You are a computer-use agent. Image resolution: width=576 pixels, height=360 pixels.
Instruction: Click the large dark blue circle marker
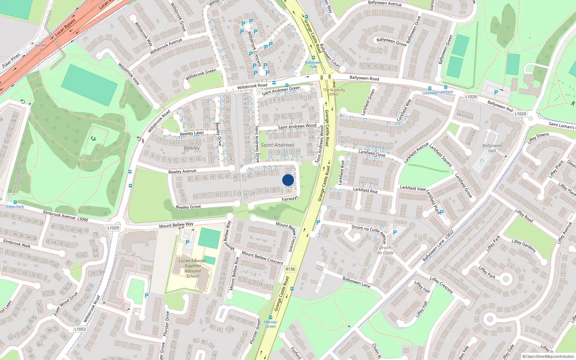tap(288, 180)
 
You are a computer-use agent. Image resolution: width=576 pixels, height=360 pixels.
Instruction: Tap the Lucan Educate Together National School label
tap(193, 268)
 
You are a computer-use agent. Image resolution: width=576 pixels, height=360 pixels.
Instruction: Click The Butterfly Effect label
tap(334, 92)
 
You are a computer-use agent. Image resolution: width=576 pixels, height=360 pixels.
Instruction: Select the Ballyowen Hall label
tap(492, 148)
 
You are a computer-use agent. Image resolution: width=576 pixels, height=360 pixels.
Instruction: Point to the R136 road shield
tap(290, 269)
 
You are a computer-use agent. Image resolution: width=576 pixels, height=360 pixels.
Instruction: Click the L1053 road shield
tap(80, 329)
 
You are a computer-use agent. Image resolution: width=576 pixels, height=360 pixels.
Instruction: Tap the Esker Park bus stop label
tap(15, 207)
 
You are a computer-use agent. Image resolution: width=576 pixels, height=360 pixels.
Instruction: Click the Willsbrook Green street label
tap(201, 75)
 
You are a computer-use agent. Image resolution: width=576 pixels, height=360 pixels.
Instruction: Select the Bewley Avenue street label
tap(183, 171)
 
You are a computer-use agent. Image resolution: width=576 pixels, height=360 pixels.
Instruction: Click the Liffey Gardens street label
tap(523, 246)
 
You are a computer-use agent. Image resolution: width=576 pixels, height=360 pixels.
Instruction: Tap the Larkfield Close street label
tap(372, 153)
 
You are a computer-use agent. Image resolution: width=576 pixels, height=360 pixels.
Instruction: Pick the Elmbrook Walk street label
tap(17, 243)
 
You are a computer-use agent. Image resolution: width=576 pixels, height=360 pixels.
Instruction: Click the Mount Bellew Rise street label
tap(234, 274)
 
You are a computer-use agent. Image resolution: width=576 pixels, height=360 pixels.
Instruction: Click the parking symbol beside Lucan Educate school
tap(187, 242)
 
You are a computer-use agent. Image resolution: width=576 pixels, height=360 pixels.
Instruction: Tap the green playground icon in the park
tap(94, 138)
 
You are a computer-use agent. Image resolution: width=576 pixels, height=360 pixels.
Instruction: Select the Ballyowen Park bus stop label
tap(314, 64)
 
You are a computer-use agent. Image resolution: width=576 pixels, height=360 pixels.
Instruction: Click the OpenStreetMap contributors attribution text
tap(548, 356)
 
